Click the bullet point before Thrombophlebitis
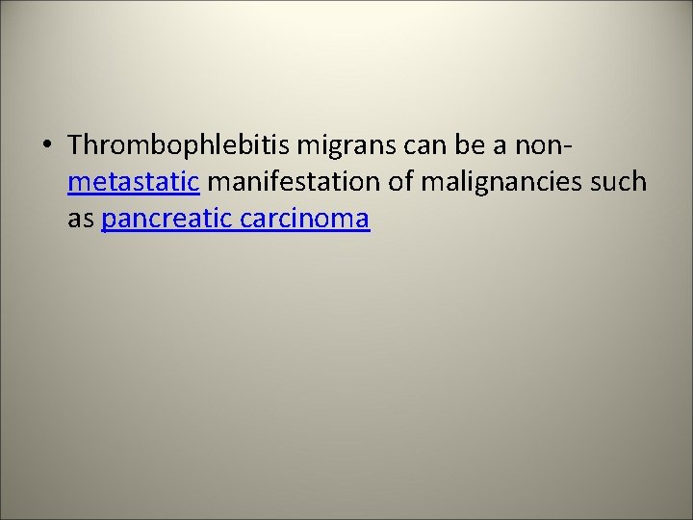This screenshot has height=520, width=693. (x=47, y=145)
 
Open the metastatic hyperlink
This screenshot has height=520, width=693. (x=133, y=182)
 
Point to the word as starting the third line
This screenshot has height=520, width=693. (x=80, y=219)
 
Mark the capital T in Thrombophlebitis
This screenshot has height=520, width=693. (x=77, y=145)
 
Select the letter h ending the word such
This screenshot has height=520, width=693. (x=639, y=182)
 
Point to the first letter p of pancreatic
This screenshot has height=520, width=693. (x=108, y=221)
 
